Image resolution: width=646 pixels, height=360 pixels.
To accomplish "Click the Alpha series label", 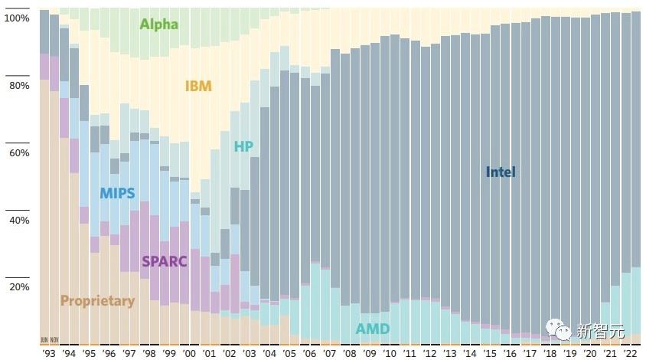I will click(x=158, y=24).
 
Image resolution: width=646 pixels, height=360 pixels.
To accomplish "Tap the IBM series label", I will click(x=198, y=86).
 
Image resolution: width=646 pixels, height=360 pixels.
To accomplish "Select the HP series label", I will click(x=243, y=146).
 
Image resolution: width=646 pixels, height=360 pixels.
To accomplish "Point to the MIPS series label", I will click(x=117, y=193).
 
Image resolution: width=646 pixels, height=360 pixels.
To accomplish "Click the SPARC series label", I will click(x=164, y=261).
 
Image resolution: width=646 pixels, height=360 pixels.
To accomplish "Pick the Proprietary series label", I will click(x=97, y=301).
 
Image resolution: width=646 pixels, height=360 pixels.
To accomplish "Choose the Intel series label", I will click(x=501, y=172).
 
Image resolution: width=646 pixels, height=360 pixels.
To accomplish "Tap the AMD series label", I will click(x=373, y=329).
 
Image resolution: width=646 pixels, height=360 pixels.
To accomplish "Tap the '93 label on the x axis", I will click(x=49, y=355).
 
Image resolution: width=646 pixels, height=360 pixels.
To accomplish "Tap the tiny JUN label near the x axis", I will click(x=44, y=339).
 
